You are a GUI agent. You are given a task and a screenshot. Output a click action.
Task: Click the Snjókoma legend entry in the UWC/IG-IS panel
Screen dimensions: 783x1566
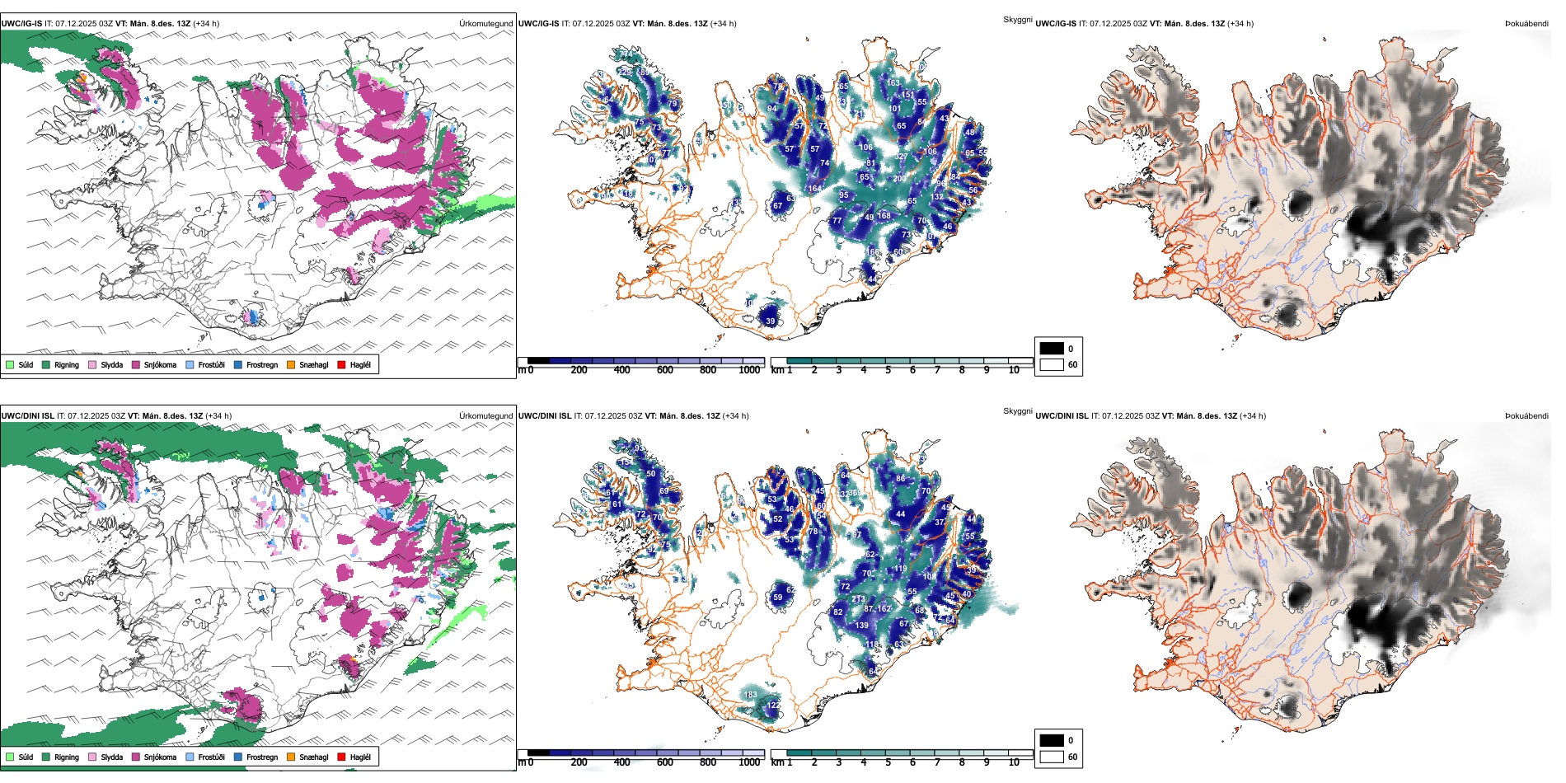pyautogui.click(x=160, y=364)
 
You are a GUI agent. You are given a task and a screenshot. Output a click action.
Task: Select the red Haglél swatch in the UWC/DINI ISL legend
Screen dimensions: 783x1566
pyautogui.click(x=341, y=757)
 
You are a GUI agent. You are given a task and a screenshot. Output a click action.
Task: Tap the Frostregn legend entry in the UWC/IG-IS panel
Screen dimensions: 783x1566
pyautogui.click(x=261, y=364)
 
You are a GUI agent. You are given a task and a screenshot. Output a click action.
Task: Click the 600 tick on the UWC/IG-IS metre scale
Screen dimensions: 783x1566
pyautogui.click(x=664, y=370)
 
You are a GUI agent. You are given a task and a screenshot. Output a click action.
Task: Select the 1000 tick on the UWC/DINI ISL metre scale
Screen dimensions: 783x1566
pyautogui.click(x=749, y=762)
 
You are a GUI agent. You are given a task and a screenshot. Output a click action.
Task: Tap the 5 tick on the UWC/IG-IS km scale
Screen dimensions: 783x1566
pyautogui.click(x=888, y=370)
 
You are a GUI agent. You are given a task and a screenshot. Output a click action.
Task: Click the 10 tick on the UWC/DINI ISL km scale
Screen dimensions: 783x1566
pyautogui.click(x=1014, y=762)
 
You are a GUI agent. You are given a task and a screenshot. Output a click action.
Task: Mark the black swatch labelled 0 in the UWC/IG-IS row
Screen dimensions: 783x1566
pyautogui.click(x=1052, y=348)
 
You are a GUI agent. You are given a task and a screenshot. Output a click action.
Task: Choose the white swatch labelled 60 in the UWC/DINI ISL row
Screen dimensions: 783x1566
pyautogui.click(x=1052, y=757)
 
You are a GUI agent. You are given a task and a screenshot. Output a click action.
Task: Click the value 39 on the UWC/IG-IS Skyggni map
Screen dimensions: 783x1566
pyautogui.click(x=771, y=321)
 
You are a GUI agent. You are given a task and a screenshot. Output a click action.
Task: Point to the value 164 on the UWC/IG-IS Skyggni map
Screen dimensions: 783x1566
pyautogui.click(x=814, y=189)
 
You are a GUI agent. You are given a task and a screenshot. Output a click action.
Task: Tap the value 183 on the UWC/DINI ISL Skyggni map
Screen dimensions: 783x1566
pyautogui.click(x=750, y=695)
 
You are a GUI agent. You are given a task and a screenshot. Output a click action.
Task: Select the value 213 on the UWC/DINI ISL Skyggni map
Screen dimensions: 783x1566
pyautogui.click(x=858, y=599)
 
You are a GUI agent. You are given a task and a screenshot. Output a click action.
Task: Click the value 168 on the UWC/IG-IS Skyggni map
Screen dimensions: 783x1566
pyautogui.click(x=884, y=216)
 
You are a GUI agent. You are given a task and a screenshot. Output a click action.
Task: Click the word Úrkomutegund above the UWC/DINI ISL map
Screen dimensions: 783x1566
pyautogui.click(x=485, y=415)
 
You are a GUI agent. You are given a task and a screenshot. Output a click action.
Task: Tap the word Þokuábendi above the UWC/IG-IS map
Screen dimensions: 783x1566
pyautogui.click(x=1526, y=23)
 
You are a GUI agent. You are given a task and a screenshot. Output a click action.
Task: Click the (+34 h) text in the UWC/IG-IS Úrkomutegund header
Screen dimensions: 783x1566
pyautogui.click(x=206, y=23)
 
